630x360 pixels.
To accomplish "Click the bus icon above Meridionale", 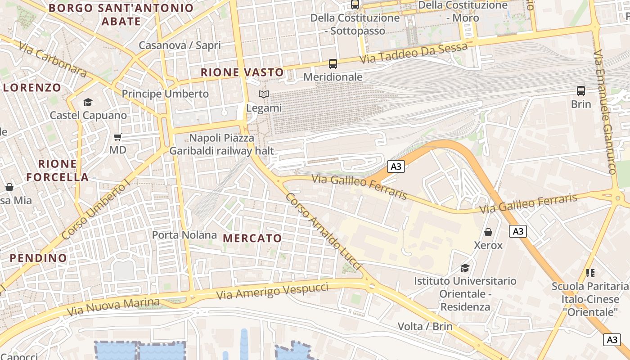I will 333,64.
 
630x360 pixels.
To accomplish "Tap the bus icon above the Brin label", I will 581,91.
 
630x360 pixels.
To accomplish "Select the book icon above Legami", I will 264,94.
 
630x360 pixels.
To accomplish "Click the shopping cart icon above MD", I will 118,137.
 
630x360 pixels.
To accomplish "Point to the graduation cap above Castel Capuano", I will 88,103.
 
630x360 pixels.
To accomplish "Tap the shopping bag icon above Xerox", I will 488,232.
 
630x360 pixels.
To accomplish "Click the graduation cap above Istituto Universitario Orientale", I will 465,268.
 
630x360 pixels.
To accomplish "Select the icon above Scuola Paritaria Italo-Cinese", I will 590,273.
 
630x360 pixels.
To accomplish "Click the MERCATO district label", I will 252,238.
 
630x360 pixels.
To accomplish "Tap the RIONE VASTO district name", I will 242,72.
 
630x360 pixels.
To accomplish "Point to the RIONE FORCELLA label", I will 57,170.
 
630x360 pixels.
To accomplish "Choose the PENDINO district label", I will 38,258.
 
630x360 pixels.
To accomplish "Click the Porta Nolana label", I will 184,235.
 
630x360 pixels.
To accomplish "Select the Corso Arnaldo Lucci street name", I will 324,232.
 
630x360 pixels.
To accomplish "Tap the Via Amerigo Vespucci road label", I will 273,292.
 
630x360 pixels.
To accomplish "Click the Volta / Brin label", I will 425,326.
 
